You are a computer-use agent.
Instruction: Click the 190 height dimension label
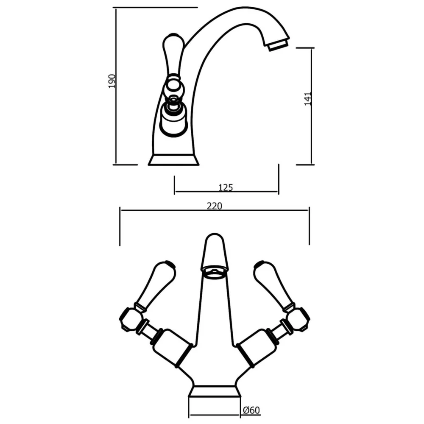tap(112, 81)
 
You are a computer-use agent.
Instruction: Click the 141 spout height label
tap(308, 98)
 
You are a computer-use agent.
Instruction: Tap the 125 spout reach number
tap(226, 187)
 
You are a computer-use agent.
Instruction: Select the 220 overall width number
tap(215, 206)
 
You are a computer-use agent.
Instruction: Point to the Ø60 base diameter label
tap(251, 410)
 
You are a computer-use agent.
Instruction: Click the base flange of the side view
tap(173, 160)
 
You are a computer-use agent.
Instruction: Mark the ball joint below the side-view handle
tap(174, 88)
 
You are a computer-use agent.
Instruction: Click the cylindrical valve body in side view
tap(173, 119)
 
